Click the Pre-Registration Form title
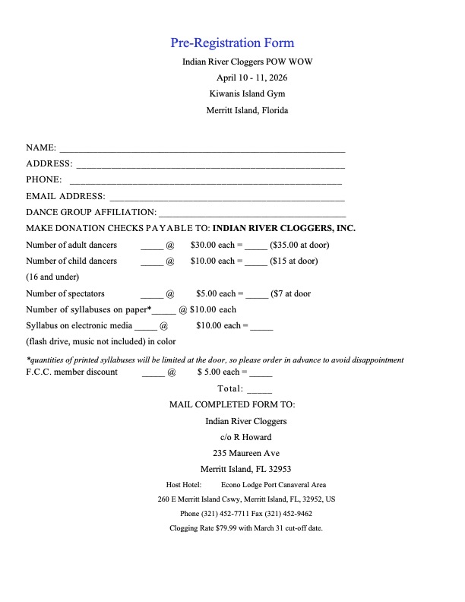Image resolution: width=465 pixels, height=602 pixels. [232, 43]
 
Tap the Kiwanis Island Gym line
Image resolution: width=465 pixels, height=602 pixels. [247, 93]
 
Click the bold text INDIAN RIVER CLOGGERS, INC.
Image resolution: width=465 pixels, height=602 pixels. [284, 228]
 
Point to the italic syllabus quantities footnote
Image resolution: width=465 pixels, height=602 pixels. [215, 360]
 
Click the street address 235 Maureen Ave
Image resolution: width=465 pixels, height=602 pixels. [246, 453]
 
